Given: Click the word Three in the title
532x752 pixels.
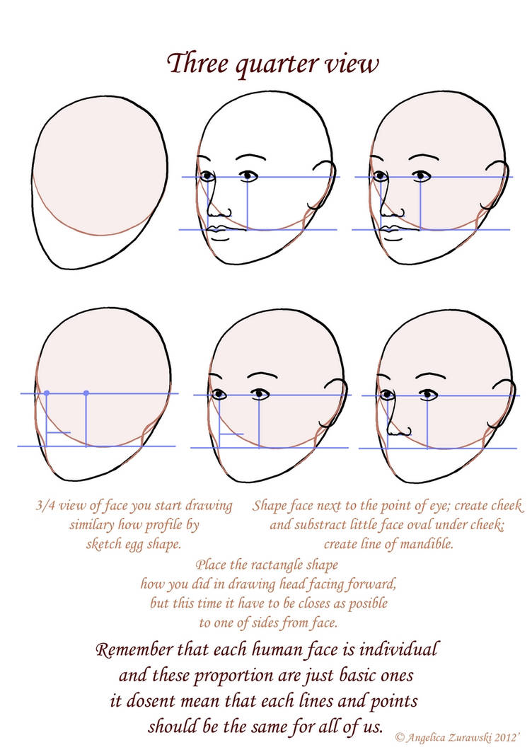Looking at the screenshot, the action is [x=198, y=63].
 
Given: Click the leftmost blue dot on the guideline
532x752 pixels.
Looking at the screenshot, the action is [x=47, y=393].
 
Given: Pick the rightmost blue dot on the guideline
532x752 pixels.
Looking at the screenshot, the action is [x=86, y=393].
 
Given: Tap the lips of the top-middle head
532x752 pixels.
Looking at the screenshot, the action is [x=219, y=230].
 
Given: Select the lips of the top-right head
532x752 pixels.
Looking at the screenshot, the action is [x=393, y=230].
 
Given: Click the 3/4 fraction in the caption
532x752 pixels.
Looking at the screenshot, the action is [x=45, y=506].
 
